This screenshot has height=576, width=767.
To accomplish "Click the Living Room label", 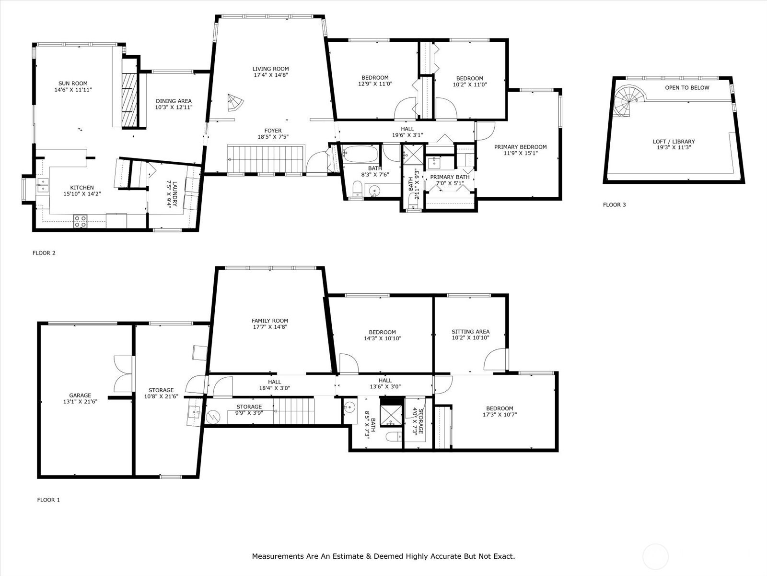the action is point(270,69).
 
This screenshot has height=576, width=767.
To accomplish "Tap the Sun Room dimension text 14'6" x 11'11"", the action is point(73,90).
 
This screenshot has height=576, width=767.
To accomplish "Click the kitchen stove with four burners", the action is point(81,222).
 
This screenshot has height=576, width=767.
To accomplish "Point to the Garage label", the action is point(80,395).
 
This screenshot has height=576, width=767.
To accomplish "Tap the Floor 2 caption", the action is point(44,253).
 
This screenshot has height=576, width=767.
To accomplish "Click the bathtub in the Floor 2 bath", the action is point(360,155).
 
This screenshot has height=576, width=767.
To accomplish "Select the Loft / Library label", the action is point(674,141).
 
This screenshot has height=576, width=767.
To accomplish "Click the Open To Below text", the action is point(687,87).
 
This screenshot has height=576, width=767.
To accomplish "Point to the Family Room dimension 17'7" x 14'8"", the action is point(270,327).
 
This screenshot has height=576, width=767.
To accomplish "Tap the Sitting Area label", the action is point(470,331).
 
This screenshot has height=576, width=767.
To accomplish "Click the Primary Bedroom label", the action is point(520,147).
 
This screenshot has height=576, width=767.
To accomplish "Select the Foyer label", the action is point(273,131).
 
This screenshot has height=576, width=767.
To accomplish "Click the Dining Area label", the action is point(174,101).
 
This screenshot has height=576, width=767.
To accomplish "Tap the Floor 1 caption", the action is point(48,500).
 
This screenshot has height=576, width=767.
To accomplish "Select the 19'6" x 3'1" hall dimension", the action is point(407,135).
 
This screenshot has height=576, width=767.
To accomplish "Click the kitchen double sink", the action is point(43,185).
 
